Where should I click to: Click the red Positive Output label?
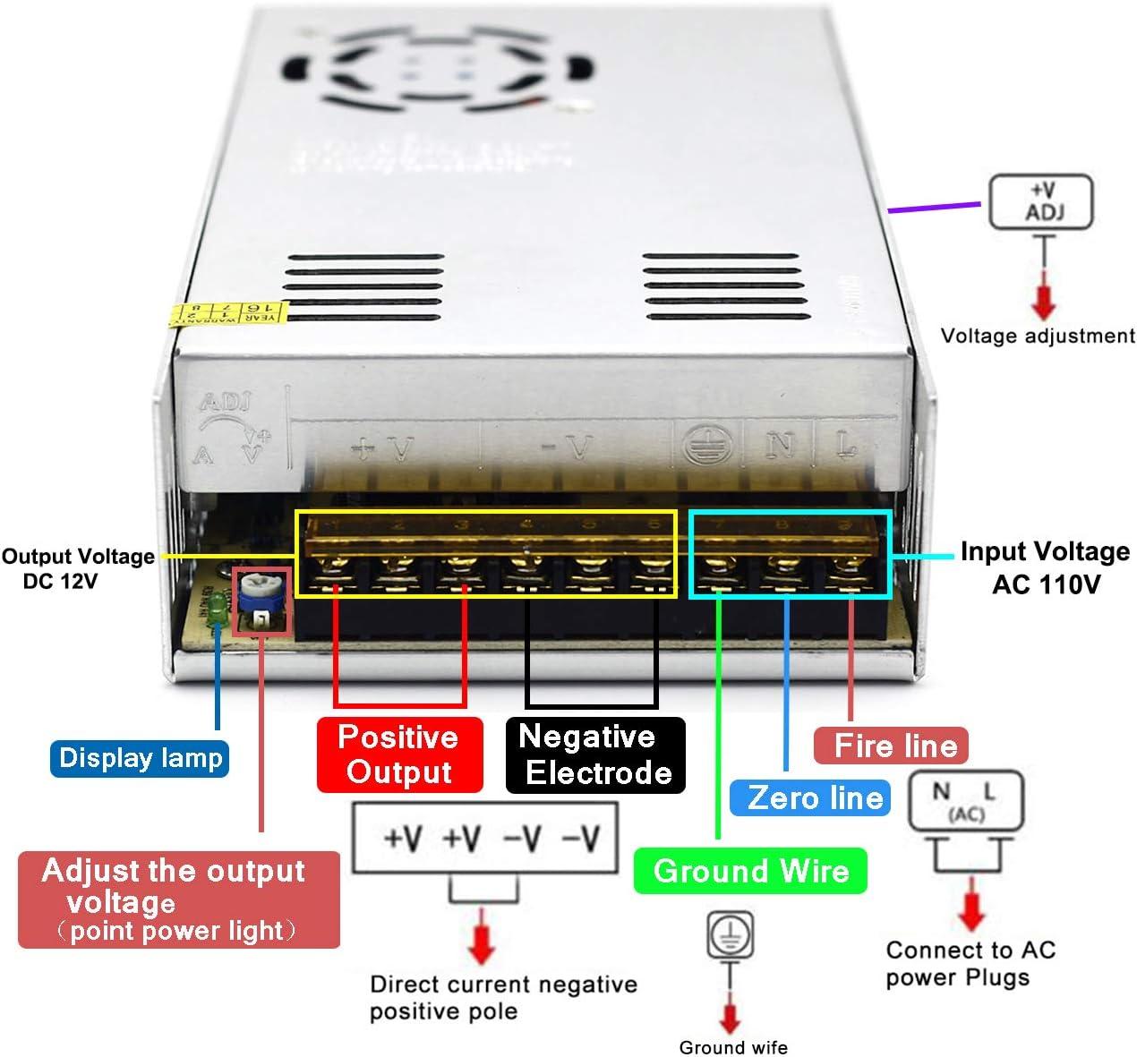click(x=399, y=754)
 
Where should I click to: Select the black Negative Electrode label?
click(x=595, y=754)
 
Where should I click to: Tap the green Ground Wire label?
click(x=750, y=871)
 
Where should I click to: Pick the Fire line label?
click(x=891, y=745)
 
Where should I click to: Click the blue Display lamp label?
click(x=140, y=758)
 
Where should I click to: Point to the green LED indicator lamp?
click(x=216, y=609)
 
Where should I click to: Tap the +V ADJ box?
click(x=1040, y=202)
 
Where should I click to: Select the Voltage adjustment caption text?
click(x=1037, y=337)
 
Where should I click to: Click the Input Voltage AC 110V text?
click(x=1045, y=567)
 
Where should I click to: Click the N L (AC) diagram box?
click(x=965, y=800)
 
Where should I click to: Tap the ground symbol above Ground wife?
click(x=731, y=934)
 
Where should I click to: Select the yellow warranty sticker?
click(x=227, y=313)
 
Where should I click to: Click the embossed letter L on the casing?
click(x=845, y=444)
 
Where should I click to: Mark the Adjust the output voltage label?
click(x=178, y=899)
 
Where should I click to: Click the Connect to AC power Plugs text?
click(x=970, y=963)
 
